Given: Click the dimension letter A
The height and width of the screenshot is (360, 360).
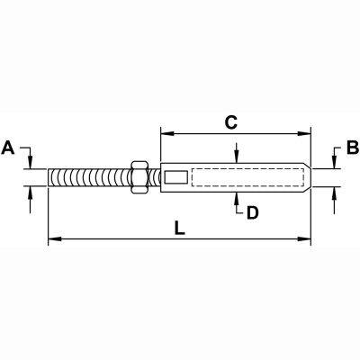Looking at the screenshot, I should point(8,146).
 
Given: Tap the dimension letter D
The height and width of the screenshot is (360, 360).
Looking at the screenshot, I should point(253,212).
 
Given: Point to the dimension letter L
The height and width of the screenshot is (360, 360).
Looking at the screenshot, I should point(180,229).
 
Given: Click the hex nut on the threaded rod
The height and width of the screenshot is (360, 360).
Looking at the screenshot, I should point(139,176).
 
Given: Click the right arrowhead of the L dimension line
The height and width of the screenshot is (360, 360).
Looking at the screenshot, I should point(307,239).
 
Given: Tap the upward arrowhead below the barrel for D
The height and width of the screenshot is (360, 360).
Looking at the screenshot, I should point(236,196).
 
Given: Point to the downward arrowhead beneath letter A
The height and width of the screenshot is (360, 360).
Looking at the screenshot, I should point(31,162).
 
